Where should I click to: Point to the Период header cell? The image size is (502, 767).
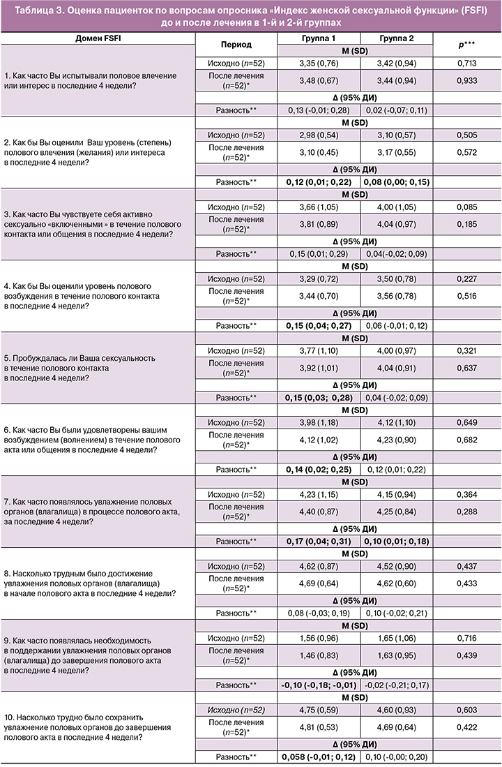tap(238, 43)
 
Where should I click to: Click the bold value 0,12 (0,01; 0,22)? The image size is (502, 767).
tap(319, 182)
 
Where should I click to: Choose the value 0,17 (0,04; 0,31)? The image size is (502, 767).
tap(319, 541)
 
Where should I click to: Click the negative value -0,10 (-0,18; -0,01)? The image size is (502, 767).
tap(319, 684)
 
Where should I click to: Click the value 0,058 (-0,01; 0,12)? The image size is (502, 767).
tap(319, 757)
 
